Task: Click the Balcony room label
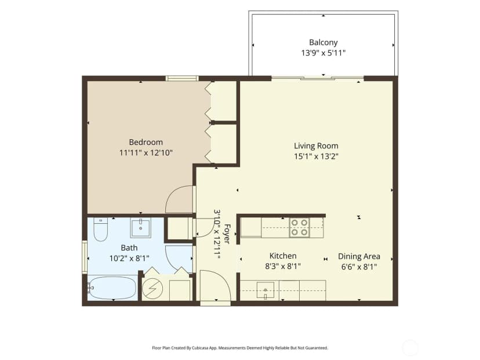click(x=323, y=42)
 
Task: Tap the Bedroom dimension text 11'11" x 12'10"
click(x=146, y=152)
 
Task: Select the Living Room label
click(x=316, y=146)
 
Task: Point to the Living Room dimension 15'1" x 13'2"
click(x=316, y=157)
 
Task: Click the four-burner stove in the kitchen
click(x=299, y=227)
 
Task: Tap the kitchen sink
click(x=266, y=290)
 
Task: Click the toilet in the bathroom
click(x=100, y=230)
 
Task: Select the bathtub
click(x=112, y=288)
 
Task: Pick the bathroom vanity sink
click(x=140, y=228)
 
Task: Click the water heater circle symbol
click(x=152, y=289)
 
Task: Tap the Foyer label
click(x=227, y=234)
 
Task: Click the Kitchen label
click(x=283, y=256)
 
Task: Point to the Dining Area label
click(x=359, y=257)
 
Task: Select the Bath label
click(x=129, y=248)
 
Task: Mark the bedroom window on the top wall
click(x=182, y=78)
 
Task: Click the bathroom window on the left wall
click(x=85, y=257)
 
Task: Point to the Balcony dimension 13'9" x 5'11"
click(x=323, y=53)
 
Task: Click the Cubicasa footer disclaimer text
click(x=240, y=348)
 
